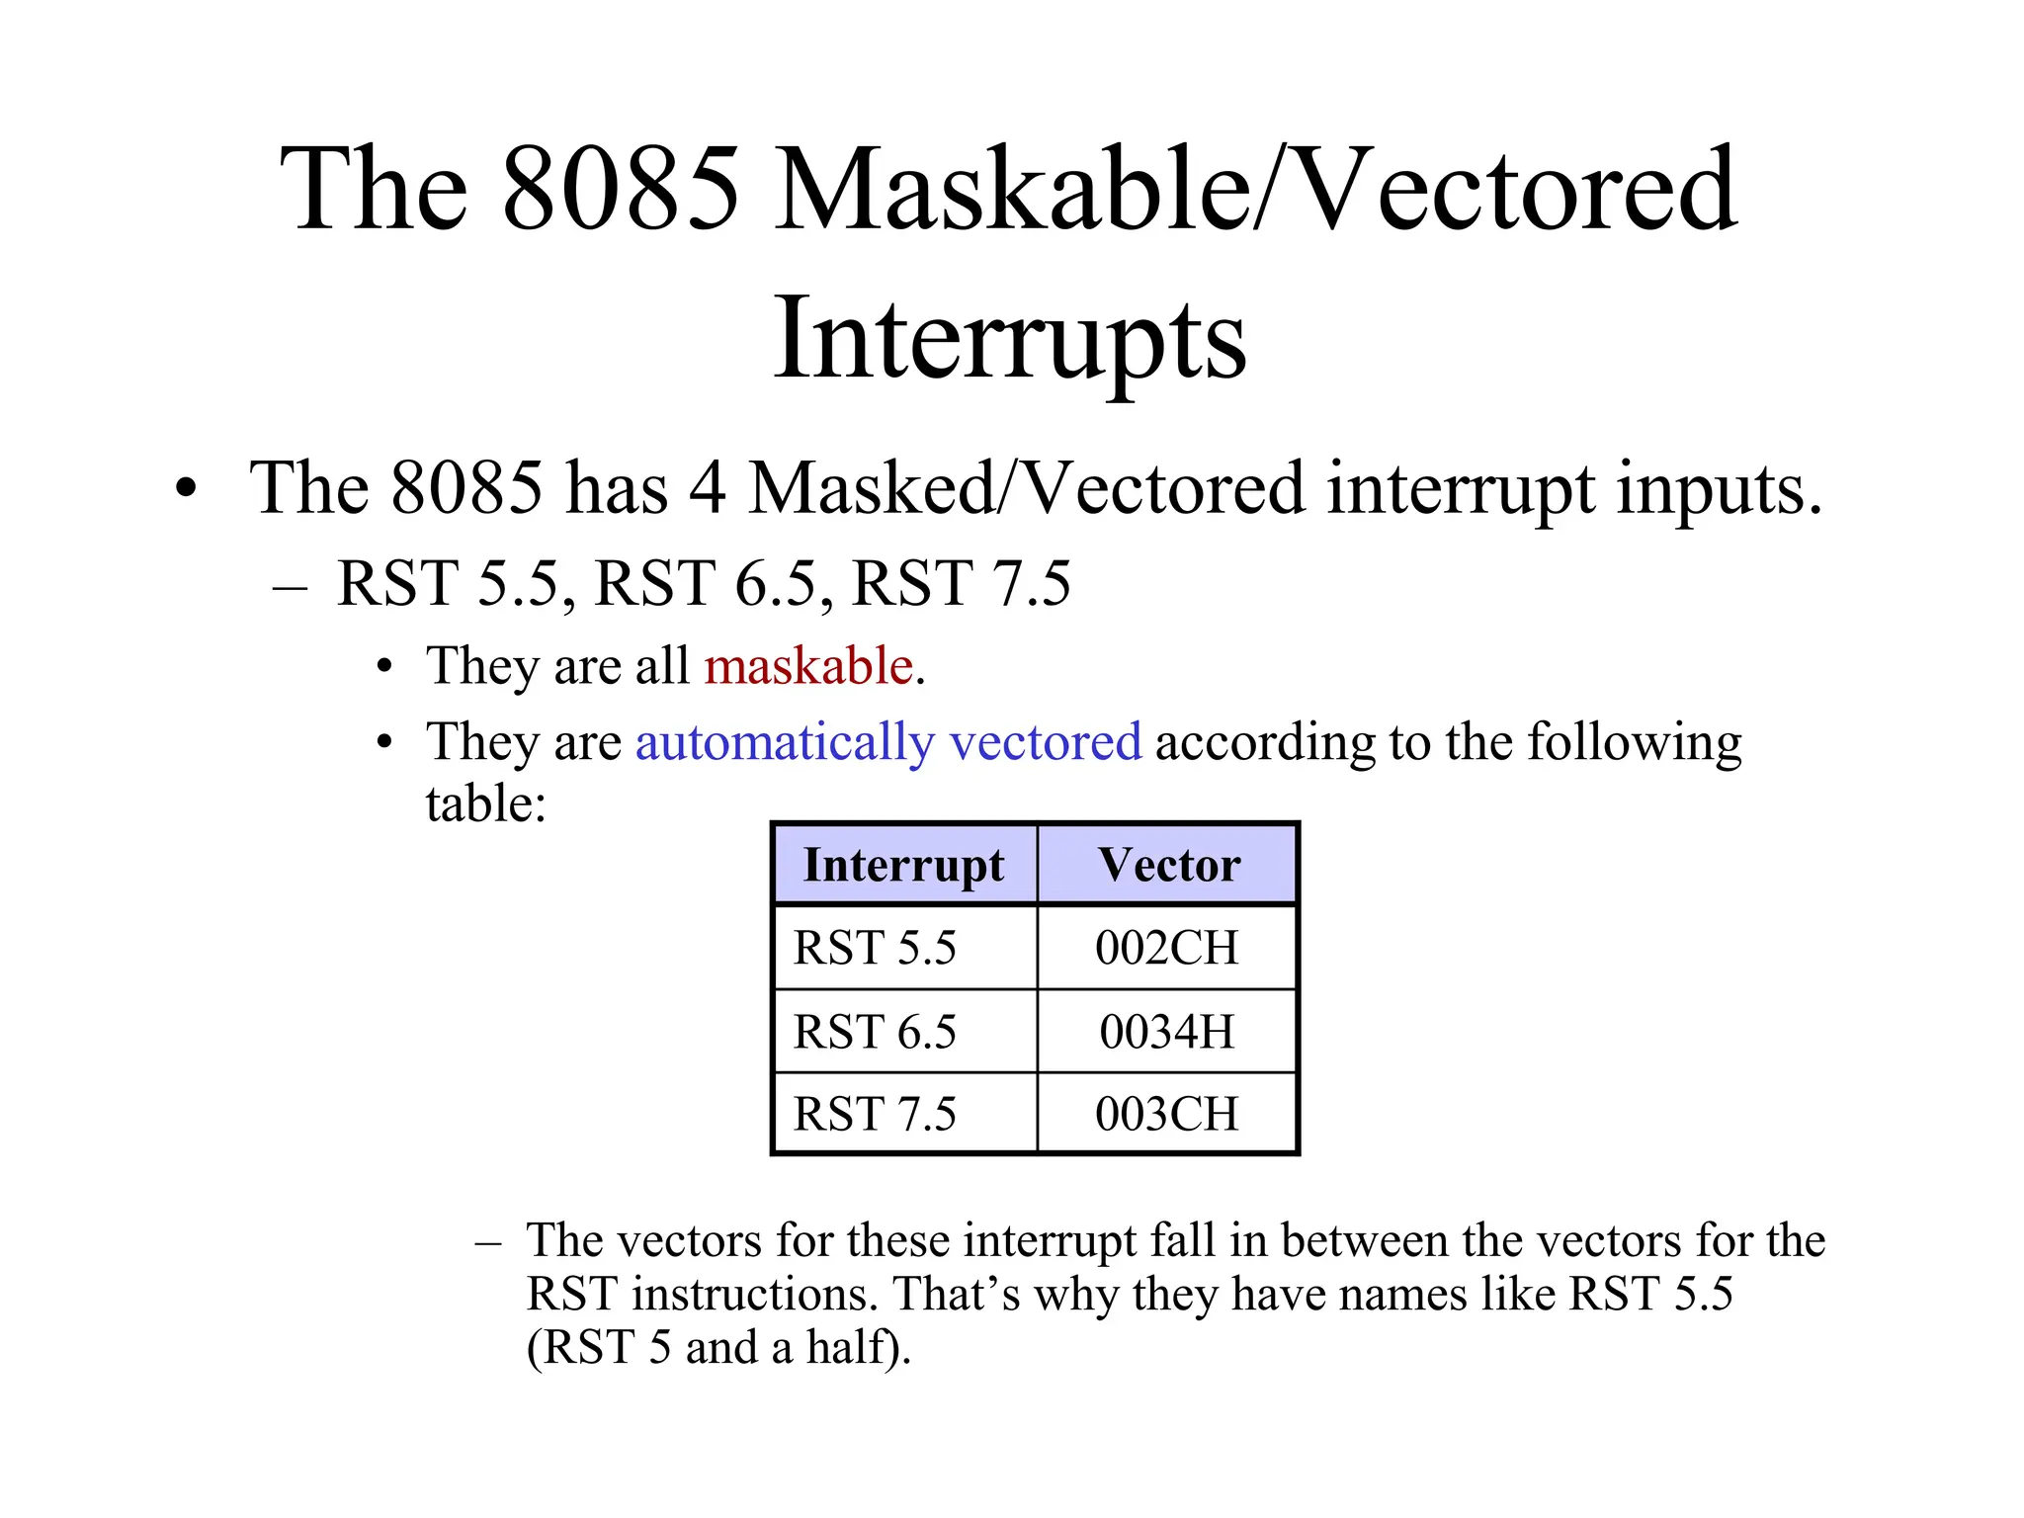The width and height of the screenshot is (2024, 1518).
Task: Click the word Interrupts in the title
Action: [1009, 339]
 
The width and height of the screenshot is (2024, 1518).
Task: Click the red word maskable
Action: [807, 665]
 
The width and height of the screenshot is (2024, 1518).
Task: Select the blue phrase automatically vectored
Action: [887, 741]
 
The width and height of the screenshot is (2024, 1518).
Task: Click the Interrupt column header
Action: [903, 865]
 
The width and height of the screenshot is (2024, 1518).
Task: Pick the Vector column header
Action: [1168, 865]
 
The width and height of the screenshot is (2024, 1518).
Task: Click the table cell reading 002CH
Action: [1166, 948]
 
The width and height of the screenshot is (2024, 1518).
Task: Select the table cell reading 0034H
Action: [1166, 1032]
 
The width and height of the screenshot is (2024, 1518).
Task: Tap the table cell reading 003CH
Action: [1166, 1114]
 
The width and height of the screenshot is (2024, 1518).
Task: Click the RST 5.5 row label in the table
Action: [875, 948]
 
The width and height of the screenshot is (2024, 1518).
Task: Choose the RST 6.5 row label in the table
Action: [875, 1032]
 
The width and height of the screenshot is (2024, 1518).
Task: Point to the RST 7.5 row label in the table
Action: [875, 1114]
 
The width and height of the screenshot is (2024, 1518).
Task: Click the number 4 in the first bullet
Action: [707, 488]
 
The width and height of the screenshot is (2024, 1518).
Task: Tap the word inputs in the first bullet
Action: [1718, 488]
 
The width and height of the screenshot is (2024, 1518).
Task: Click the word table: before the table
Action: [485, 802]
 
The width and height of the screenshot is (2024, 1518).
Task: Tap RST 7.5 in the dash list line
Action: [961, 583]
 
